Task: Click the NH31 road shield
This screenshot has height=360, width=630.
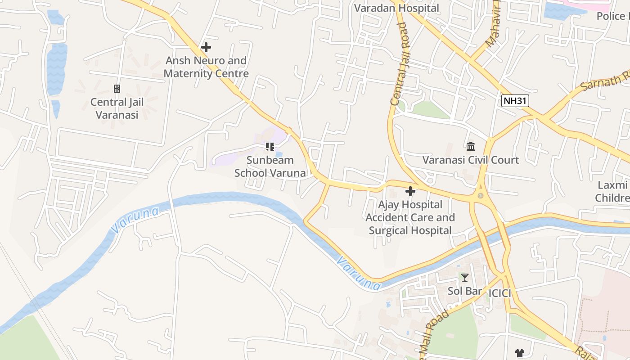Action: click(x=515, y=101)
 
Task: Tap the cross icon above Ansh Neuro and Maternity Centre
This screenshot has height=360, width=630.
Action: click(x=206, y=47)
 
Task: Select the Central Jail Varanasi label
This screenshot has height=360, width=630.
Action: click(x=117, y=108)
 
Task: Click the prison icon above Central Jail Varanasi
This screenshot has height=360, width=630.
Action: click(x=117, y=89)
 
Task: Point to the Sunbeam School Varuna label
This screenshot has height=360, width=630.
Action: click(x=270, y=166)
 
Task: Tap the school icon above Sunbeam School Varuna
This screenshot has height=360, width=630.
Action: click(x=270, y=146)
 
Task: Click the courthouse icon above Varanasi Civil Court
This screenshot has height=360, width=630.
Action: click(x=471, y=146)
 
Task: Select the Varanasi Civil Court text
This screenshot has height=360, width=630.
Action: click(x=471, y=160)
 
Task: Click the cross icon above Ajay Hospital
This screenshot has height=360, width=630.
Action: click(x=410, y=191)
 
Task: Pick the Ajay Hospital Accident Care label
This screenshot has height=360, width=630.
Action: click(x=410, y=217)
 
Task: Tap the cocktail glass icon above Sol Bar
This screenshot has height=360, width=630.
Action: click(x=465, y=277)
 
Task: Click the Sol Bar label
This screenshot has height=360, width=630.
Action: click(x=464, y=291)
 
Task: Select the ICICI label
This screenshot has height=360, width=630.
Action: click(x=500, y=293)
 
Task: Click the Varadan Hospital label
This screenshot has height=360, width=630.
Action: click(x=396, y=8)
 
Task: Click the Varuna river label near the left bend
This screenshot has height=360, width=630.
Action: click(x=135, y=220)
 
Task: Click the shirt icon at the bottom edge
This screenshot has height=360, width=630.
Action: click(x=520, y=354)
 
